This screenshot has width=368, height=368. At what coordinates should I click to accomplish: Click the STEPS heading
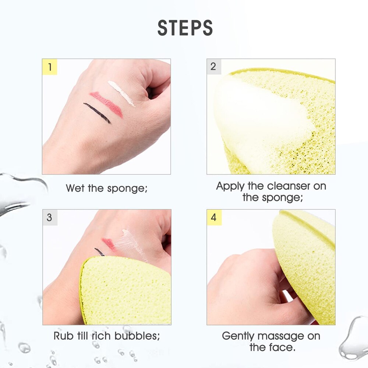point(185,28)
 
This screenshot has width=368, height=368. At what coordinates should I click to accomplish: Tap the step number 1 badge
point(50,67)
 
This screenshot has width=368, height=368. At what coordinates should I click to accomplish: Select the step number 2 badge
point(214,67)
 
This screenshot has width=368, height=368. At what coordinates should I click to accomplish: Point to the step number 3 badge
point(50,217)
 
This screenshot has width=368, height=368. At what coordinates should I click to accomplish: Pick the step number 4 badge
point(214,217)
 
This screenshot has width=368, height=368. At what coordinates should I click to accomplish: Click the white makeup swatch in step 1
point(121,93)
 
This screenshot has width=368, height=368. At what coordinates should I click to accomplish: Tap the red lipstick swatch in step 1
point(106,104)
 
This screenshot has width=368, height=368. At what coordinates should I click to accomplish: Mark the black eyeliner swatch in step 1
point(97,113)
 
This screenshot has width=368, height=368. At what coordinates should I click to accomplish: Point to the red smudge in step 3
point(109,243)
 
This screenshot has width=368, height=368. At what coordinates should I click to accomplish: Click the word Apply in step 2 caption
point(231,187)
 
